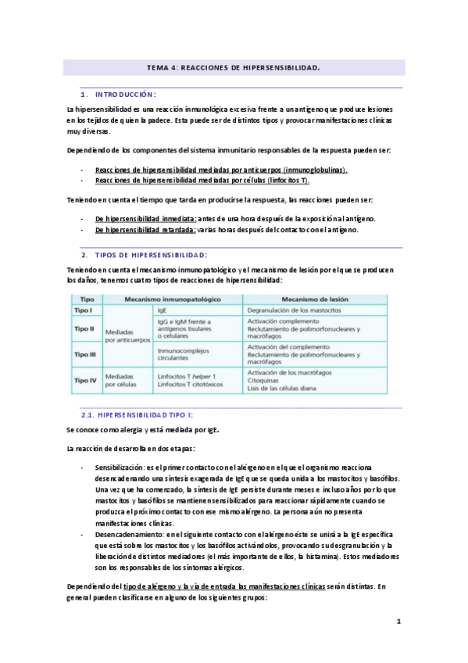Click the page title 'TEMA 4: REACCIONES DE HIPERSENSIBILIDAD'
234,68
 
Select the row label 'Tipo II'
84,329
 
